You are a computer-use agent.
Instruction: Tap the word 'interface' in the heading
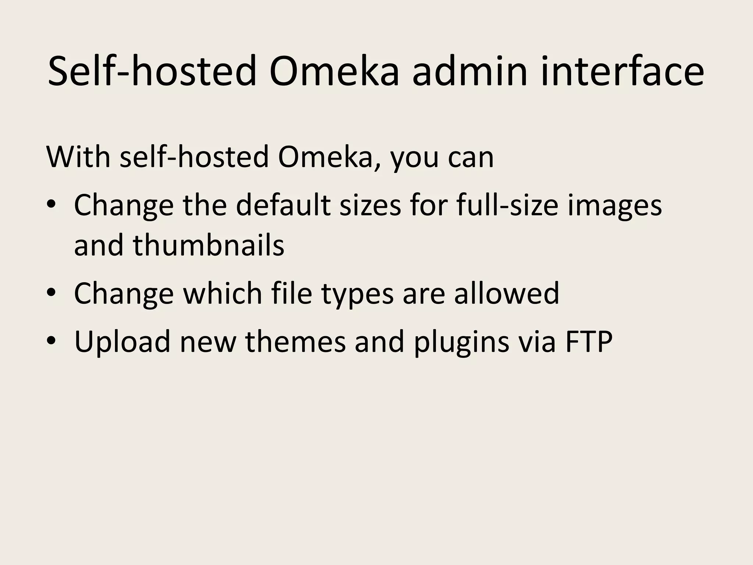tap(622, 71)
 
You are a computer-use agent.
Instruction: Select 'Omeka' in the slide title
tap(334, 71)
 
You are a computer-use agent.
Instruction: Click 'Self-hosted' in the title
tap(152, 71)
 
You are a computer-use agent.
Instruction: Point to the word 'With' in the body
tap(78, 157)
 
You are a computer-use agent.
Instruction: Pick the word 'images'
tap(614, 206)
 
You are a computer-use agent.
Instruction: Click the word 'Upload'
tap(122, 342)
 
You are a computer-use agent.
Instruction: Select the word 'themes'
tap(295, 342)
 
